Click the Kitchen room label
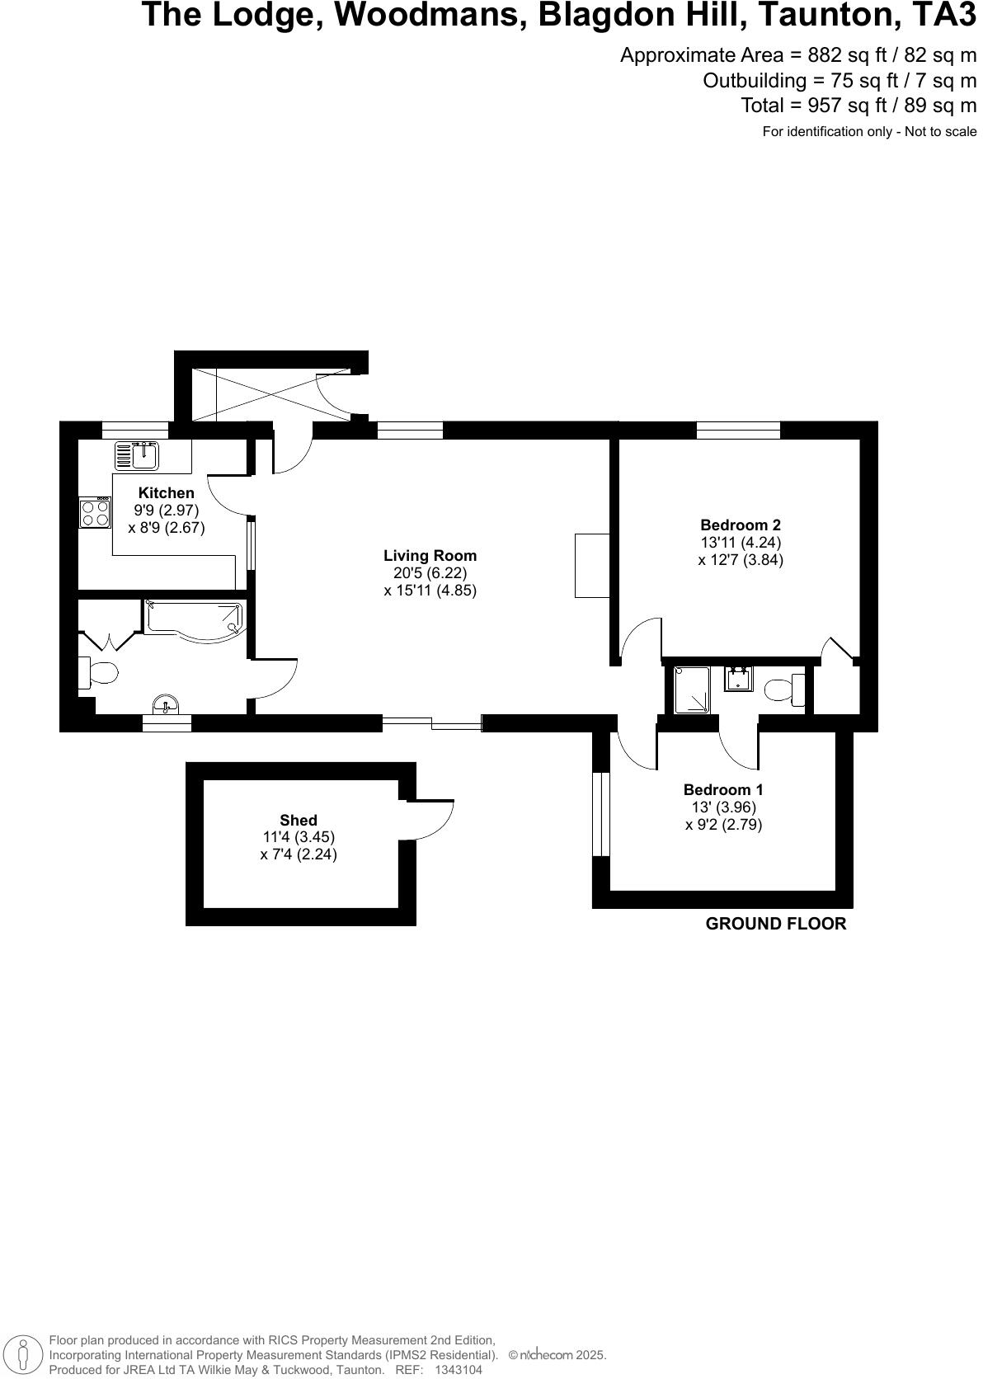(x=166, y=493)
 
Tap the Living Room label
(x=430, y=556)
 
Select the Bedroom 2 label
(x=740, y=525)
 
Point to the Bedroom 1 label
(x=722, y=789)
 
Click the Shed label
(x=298, y=820)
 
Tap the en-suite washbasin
(x=738, y=679)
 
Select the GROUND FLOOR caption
(x=775, y=924)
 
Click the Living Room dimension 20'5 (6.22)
(x=430, y=573)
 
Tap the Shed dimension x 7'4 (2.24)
(x=298, y=854)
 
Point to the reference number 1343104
(x=458, y=1369)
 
